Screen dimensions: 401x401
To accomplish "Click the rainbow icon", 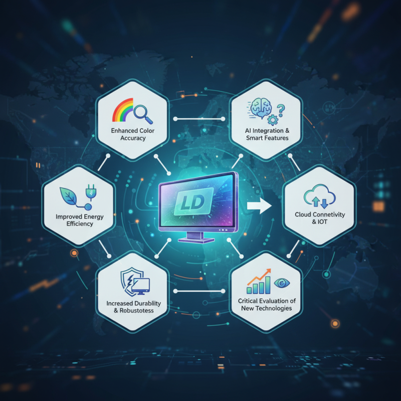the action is tap(123, 110).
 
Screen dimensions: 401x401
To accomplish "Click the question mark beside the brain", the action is tap(281, 110).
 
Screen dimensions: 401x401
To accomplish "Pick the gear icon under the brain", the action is tap(273, 120).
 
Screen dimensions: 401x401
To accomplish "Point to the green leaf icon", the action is tap(69, 196).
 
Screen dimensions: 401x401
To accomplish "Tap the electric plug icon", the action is tap(91, 192).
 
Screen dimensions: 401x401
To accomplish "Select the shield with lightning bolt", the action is tap(129, 282).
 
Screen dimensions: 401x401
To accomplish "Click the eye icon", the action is tap(282, 283).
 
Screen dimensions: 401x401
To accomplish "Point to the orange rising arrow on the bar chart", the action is tap(259, 277).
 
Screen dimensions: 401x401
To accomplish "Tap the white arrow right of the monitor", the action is tap(259, 206).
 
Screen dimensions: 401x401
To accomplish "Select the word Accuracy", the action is tap(133, 138).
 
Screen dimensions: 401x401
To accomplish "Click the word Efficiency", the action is tap(80, 224).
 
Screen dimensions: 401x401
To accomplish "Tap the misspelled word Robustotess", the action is tap(136, 311).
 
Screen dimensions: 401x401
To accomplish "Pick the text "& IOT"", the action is tap(320, 222).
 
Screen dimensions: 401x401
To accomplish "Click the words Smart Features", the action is tap(267, 138).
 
